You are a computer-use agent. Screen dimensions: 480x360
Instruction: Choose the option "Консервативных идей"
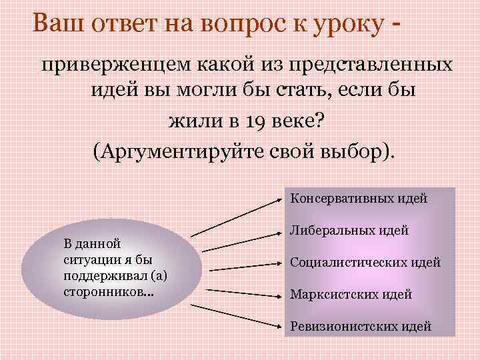pos(359,198)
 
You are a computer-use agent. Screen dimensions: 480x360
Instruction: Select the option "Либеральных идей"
pos(349,231)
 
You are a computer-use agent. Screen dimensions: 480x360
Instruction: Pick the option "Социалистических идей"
pos(365,262)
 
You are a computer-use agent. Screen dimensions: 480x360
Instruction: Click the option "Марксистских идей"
pos(351,294)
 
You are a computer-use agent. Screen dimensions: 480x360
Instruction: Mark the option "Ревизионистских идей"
pos(361,326)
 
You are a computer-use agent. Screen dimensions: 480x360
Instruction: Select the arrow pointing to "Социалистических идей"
pos(243,267)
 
